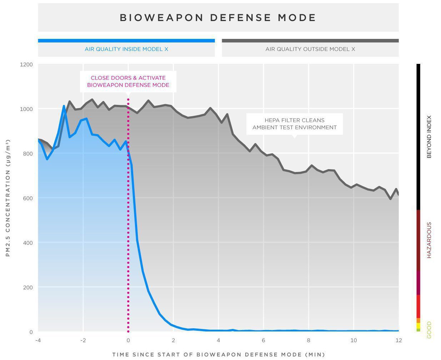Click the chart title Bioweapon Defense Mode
click(218, 18)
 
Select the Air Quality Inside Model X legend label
click(126, 49)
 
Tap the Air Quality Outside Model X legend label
click(310, 49)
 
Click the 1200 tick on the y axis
click(26, 65)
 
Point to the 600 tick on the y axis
click(28, 198)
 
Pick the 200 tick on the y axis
click(28, 288)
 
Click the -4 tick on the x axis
click(38, 340)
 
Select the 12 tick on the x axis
click(399, 340)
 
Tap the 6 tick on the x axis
click(264, 340)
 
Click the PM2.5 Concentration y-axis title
click(8, 198)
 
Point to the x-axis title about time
click(219, 355)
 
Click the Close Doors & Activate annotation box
click(128, 81)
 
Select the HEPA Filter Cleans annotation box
click(294, 124)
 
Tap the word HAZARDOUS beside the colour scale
click(429, 240)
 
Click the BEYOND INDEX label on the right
click(429, 137)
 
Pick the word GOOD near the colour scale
click(429, 330)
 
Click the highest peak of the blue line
click(64, 106)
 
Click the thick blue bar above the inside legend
click(126, 41)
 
